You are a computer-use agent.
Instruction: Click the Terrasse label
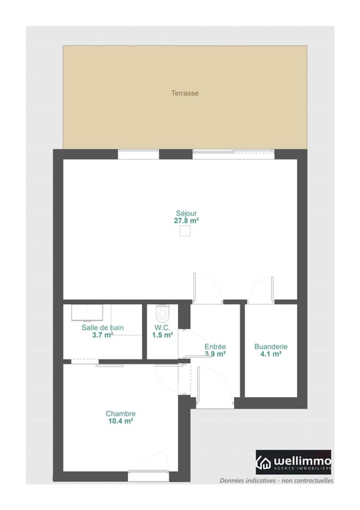(185, 93)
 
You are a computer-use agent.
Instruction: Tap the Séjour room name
(186, 213)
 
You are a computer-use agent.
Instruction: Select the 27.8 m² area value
(186, 221)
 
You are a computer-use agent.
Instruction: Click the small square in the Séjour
(185, 231)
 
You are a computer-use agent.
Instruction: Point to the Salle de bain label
(102, 328)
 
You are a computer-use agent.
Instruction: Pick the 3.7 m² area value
(102, 335)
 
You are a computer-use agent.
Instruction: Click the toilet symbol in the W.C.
(163, 313)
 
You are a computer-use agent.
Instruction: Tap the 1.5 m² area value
(163, 335)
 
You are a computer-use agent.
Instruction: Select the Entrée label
(215, 346)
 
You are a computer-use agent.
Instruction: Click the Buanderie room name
(271, 346)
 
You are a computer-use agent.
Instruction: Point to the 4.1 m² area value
(271, 354)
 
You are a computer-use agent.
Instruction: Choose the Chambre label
(120, 414)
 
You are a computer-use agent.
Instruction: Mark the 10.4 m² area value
(120, 421)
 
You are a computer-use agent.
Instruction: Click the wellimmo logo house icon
(264, 462)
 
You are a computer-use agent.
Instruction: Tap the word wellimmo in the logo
(302, 461)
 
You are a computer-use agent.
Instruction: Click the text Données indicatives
(248, 480)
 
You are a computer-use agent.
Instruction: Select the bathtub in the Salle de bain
(87, 313)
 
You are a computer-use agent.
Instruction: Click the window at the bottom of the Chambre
(148, 476)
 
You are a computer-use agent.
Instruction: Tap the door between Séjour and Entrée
(207, 288)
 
